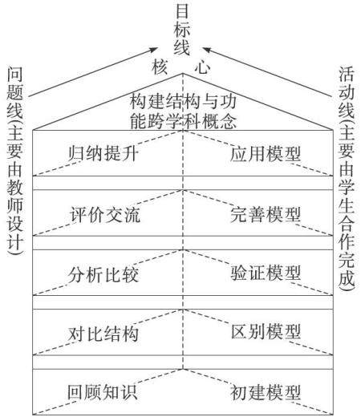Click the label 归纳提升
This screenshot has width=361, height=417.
coord(103,153)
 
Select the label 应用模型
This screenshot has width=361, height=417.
coord(266,153)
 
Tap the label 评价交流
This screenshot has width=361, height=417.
coord(105,214)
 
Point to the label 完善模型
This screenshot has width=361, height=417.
coord(266,214)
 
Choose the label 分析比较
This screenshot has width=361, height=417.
coord(103,274)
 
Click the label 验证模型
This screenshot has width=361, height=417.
coord(266,273)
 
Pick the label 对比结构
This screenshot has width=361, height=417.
coord(103,334)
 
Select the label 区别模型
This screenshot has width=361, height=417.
coord(266,331)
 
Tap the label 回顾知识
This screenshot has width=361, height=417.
coord(103,392)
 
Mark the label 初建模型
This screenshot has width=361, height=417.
coord(266,392)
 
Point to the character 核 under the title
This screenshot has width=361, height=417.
coord(160,67)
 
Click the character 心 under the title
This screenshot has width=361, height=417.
coord(202,67)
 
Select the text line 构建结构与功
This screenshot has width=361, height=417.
coord(184,102)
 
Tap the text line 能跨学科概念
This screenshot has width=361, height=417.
coord(184,121)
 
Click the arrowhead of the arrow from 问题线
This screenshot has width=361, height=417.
coord(154,50)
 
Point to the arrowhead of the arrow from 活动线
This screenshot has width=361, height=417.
coord(206,50)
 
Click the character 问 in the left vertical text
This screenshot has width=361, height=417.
coord(15,75)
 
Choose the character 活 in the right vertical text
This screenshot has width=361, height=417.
coord(347,74)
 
